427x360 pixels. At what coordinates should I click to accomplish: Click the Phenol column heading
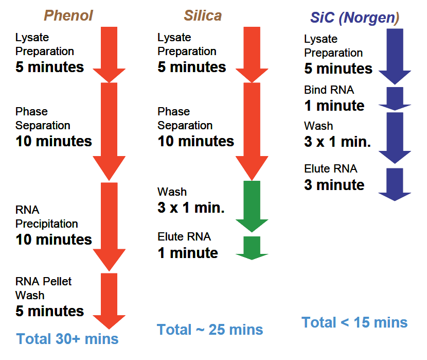(68, 15)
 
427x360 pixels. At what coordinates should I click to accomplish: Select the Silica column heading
(203, 15)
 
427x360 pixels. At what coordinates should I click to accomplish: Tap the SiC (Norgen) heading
(355, 18)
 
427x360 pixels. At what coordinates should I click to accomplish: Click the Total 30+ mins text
(67, 339)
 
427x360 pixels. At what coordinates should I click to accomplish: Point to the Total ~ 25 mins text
(210, 330)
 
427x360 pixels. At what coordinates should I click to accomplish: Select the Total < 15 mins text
(354, 322)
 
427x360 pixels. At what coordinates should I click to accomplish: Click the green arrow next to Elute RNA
(252, 248)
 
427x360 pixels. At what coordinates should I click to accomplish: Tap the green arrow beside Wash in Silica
(252, 207)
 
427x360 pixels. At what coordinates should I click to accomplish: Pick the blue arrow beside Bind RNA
(395, 99)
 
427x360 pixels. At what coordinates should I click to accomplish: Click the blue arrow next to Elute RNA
(395, 184)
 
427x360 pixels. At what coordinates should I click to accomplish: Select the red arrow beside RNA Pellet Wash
(109, 301)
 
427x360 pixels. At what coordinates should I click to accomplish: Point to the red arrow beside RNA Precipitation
(109, 227)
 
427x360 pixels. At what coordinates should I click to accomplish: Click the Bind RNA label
(329, 90)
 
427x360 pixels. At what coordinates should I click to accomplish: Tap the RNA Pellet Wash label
(44, 288)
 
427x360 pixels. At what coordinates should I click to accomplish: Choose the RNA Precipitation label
(47, 217)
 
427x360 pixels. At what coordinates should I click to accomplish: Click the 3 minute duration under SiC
(334, 185)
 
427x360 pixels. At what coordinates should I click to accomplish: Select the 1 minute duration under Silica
(188, 253)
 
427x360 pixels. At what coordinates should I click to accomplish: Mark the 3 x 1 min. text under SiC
(337, 142)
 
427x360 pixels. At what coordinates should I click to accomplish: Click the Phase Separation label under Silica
(185, 118)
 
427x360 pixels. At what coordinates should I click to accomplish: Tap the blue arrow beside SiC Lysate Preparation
(395, 57)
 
